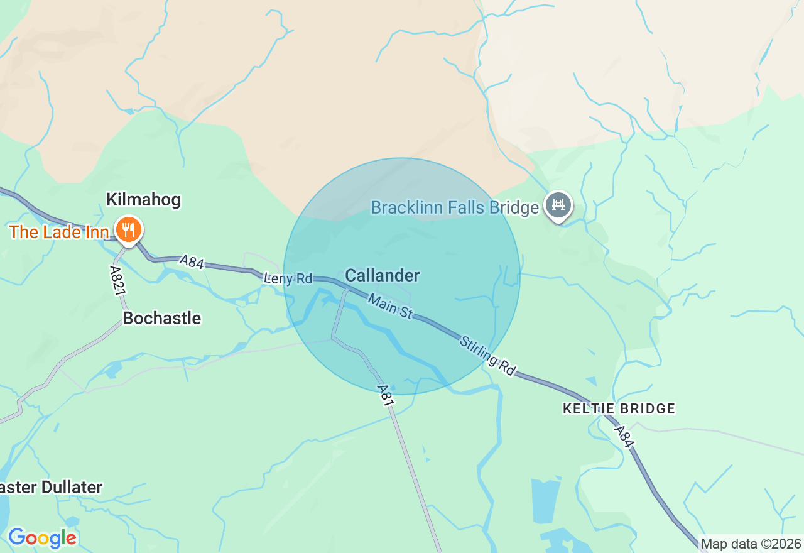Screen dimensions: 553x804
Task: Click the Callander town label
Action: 383,275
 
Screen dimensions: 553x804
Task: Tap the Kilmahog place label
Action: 143,200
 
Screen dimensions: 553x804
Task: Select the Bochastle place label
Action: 162,318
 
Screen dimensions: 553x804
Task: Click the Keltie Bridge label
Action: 619,409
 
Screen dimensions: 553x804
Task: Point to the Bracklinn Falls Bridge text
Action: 455,207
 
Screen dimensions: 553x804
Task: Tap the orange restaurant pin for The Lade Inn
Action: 128,230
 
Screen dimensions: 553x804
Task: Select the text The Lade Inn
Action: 59,232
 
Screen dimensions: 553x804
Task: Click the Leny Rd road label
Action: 288,278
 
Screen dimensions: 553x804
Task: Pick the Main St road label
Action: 391,307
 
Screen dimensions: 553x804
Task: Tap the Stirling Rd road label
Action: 487,356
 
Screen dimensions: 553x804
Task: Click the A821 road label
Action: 116,280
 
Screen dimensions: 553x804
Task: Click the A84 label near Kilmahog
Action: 192,261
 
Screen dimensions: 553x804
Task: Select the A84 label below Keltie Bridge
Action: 624,437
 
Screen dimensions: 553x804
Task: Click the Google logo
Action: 42,538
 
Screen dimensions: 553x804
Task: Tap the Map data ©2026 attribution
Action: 751,544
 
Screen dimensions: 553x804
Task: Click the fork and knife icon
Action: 128,229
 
